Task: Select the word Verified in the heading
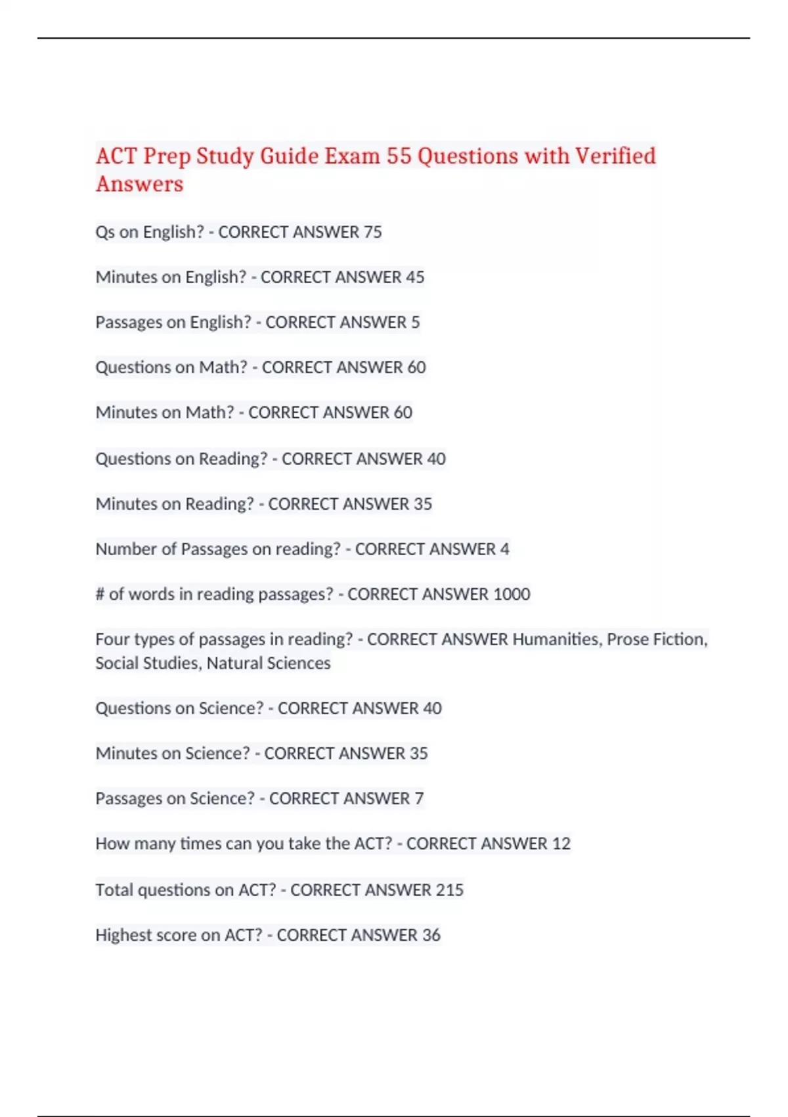click(x=615, y=156)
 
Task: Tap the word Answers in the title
click(x=139, y=184)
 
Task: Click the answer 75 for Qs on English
click(x=372, y=232)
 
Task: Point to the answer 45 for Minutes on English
click(x=415, y=277)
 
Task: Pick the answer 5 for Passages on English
click(x=415, y=323)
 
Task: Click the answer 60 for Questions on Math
click(x=416, y=367)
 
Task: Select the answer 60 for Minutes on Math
click(x=403, y=413)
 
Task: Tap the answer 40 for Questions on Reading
click(x=436, y=459)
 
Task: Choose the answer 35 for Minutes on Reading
click(x=422, y=504)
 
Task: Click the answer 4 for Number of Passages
click(x=504, y=549)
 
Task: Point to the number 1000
click(x=512, y=595)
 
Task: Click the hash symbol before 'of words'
click(x=100, y=595)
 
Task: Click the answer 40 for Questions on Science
click(x=432, y=708)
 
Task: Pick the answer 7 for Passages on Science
click(x=419, y=799)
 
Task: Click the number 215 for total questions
click(x=449, y=890)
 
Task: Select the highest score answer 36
click(x=431, y=935)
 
